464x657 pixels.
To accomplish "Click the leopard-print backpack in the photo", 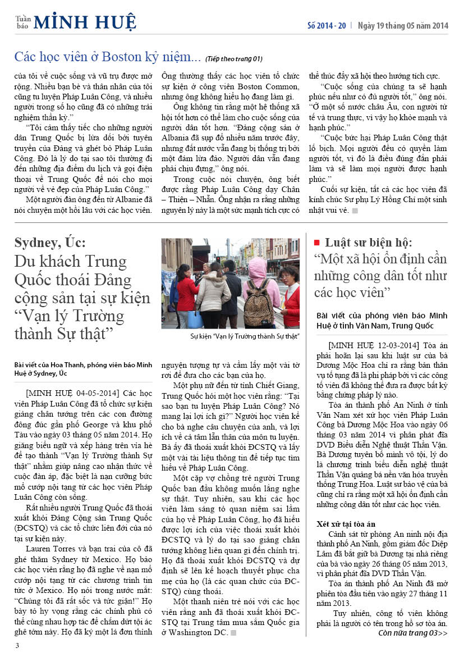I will [258, 305].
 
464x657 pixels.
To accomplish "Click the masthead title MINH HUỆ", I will [85, 22].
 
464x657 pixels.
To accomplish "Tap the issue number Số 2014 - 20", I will [327, 26].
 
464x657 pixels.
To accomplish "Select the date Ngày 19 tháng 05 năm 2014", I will [403, 26].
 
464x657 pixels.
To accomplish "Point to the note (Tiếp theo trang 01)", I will [233, 58].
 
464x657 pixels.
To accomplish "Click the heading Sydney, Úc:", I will [50, 243].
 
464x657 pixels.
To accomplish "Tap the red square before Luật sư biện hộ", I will [316, 243].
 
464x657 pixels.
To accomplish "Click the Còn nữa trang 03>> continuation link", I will [412, 633].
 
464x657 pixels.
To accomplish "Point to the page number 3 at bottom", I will [17, 645].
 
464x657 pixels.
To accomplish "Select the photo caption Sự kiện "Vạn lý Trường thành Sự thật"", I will [245, 336].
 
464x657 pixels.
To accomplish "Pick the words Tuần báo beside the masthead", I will [22, 22].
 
